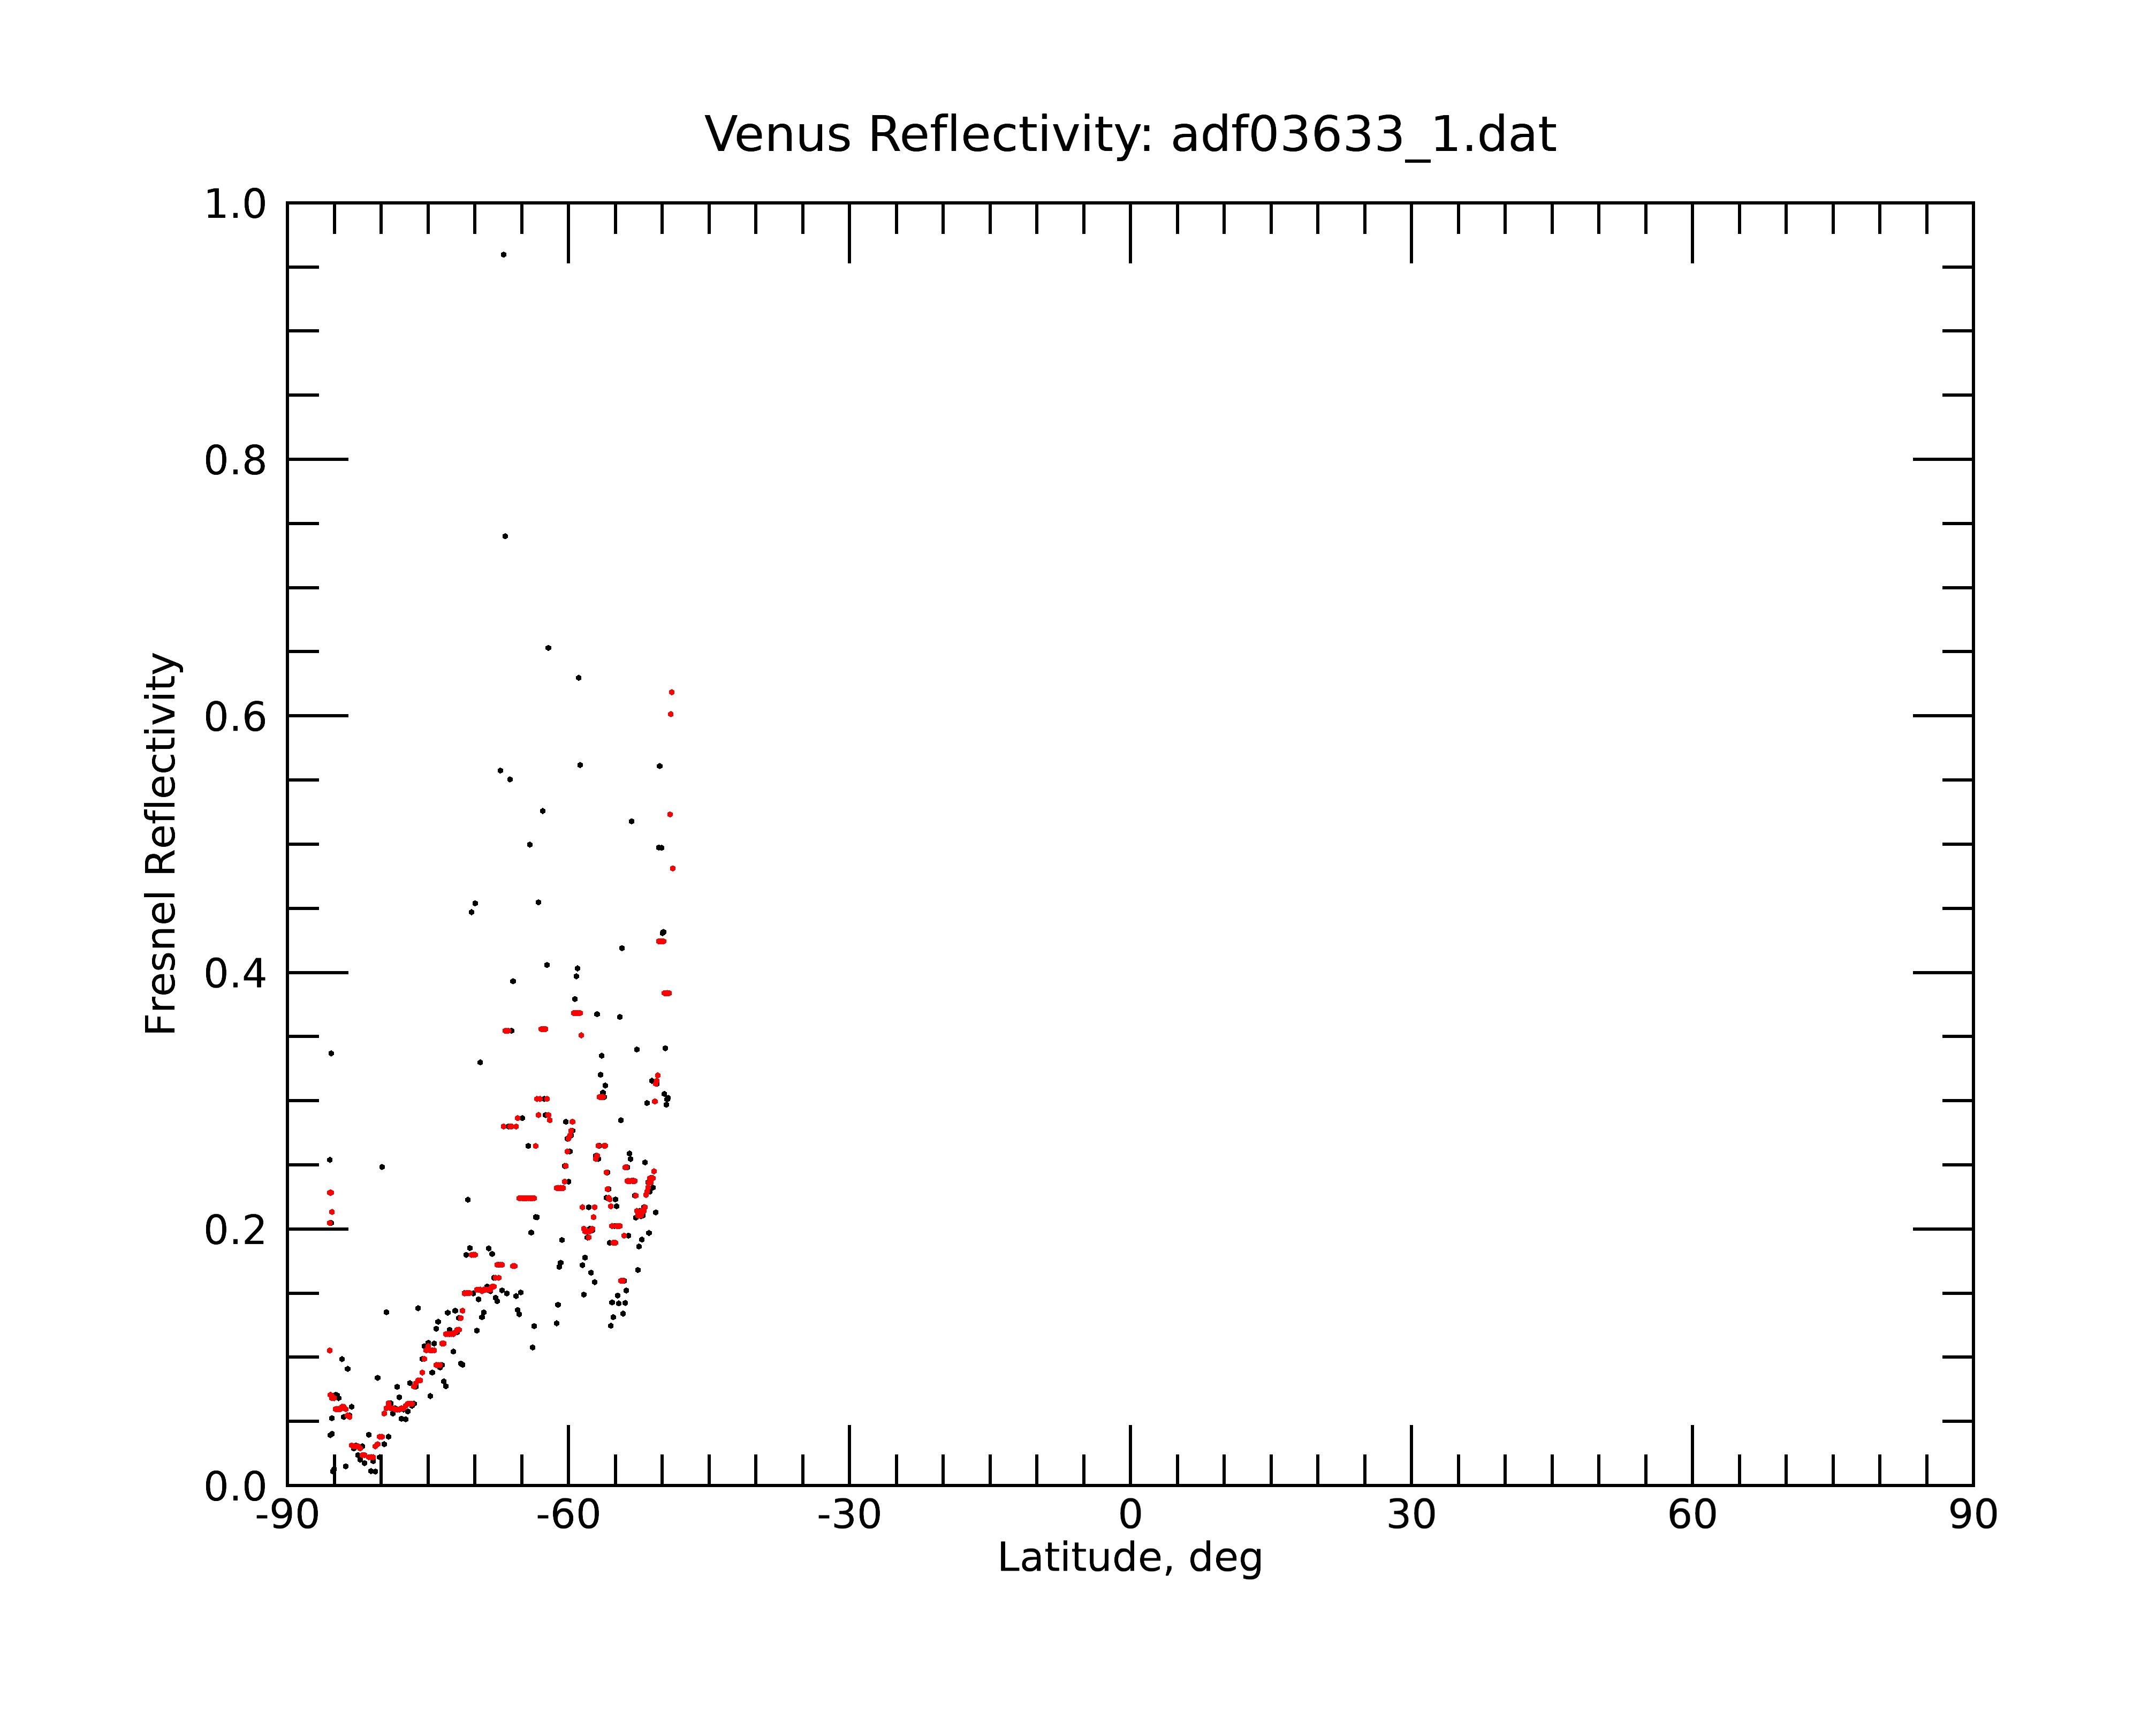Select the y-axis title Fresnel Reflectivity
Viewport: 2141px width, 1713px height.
162,843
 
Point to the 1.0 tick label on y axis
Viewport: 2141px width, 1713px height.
236,206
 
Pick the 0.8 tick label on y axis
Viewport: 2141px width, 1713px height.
236,461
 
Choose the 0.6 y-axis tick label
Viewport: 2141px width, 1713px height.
236,717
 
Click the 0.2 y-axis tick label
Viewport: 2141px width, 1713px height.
236,1230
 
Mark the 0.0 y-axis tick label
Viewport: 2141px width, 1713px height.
236,1487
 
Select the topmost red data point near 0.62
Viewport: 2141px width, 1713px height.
671,692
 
